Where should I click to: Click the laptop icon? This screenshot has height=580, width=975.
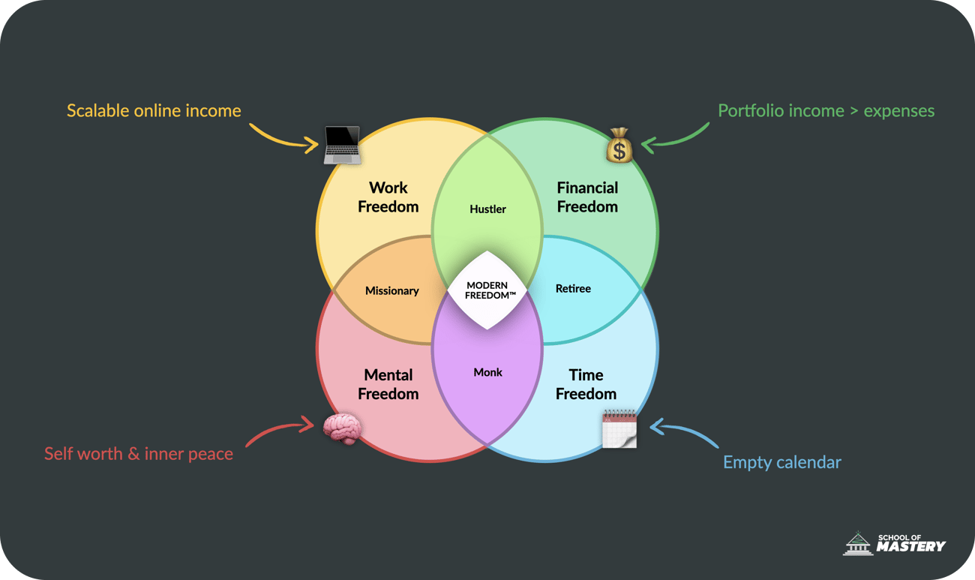click(x=343, y=145)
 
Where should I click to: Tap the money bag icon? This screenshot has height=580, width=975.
click(x=619, y=146)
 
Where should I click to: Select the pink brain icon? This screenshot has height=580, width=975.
click(x=343, y=428)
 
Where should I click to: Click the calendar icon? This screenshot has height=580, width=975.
click(x=619, y=429)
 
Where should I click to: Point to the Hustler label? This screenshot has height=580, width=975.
click(x=487, y=209)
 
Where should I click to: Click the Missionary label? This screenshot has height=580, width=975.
click(x=391, y=291)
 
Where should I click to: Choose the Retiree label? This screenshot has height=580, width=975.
click(x=573, y=289)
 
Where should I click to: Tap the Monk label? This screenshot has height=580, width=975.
click(x=487, y=372)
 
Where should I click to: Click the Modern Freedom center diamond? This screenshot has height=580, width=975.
click(x=487, y=290)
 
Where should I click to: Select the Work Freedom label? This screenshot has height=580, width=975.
click(x=388, y=197)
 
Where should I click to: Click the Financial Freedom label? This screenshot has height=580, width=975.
click(x=587, y=197)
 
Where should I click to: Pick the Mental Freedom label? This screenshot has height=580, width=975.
click(x=388, y=384)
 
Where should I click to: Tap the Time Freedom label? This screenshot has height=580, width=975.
click(x=586, y=384)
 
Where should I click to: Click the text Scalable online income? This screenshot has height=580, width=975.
click(x=154, y=111)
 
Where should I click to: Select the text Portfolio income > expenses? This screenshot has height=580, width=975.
click(x=826, y=111)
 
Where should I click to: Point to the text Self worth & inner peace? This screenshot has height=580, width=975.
click(x=139, y=454)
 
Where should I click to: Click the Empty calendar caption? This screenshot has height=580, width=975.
click(x=781, y=462)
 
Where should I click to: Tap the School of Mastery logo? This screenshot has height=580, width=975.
click(x=895, y=543)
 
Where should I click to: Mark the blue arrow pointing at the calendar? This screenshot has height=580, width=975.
click(x=682, y=433)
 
